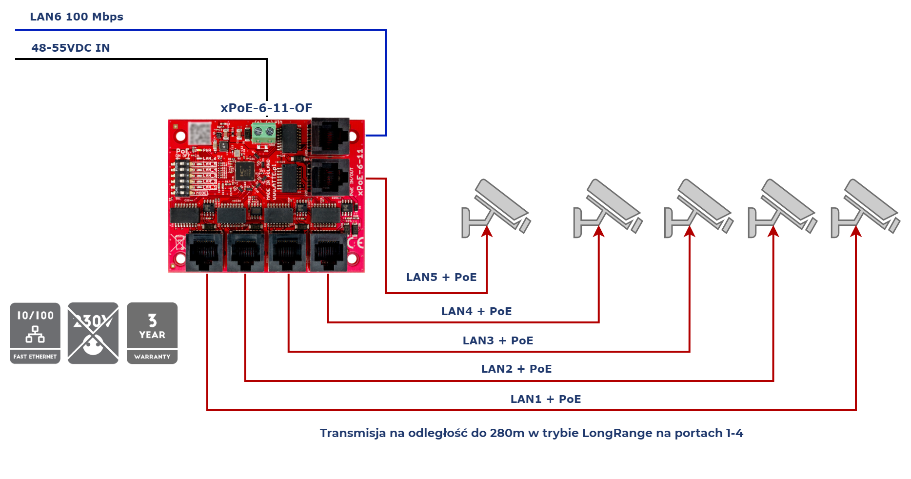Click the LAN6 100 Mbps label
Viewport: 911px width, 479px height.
tap(77, 17)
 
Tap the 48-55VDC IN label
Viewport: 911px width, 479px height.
tap(71, 48)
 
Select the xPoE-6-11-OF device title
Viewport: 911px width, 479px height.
tap(267, 108)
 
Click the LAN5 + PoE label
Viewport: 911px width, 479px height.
tap(441, 277)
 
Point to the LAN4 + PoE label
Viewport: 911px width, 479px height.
tap(476, 311)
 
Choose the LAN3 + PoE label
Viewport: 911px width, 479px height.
tap(497, 340)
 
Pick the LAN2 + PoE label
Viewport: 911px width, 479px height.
tap(516, 369)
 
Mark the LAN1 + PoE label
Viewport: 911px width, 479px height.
tap(545, 399)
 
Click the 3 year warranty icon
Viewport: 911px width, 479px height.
tap(152, 333)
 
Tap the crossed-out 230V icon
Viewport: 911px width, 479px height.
tap(93, 333)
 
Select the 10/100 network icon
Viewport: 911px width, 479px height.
tap(35, 333)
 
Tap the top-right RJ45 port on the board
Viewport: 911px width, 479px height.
tap(331, 135)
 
